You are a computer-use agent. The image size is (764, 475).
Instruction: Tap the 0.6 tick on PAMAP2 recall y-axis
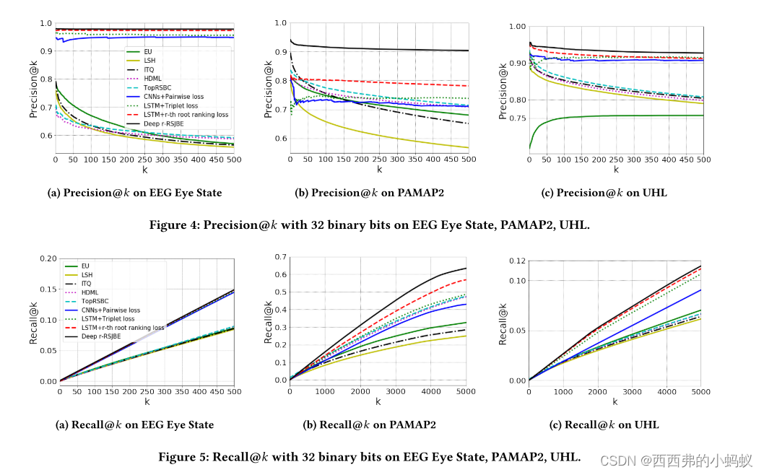coord(281,274)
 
